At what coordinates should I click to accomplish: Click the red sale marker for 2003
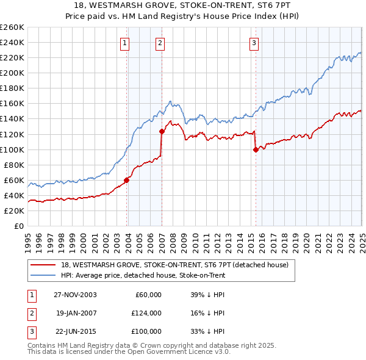click(x=127, y=180)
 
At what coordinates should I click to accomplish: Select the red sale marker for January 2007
click(x=162, y=131)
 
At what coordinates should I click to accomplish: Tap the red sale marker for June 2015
click(x=256, y=149)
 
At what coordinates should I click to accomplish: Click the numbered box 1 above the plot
click(x=124, y=43)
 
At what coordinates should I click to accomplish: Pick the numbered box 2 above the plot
click(x=159, y=43)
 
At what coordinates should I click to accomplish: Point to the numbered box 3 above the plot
click(x=253, y=43)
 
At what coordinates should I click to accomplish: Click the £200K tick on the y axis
click(x=13, y=73)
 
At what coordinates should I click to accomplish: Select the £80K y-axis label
click(x=15, y=165)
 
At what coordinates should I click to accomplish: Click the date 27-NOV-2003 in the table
click(x=75, y=295)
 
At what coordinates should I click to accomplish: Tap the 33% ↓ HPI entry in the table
click(x=207, y=331)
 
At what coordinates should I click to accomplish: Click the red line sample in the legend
click(x=43, y=265)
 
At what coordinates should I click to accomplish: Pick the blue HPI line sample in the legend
click(x=43, y=275)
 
